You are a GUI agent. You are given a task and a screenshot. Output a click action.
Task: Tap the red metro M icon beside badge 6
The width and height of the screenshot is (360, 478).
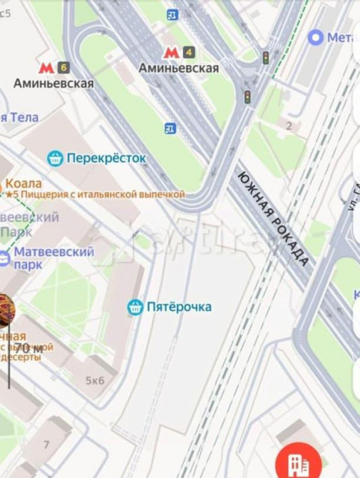(46, 68)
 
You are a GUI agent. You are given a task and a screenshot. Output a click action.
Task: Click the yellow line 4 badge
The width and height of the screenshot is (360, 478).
(188, 52)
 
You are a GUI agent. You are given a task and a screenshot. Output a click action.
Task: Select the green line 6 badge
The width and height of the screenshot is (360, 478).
(64, 68)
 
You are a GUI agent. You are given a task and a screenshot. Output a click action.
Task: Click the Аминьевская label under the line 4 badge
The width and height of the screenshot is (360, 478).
(178, 68)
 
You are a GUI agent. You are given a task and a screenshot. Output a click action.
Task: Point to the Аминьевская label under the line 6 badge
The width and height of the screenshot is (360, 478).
(53, 83)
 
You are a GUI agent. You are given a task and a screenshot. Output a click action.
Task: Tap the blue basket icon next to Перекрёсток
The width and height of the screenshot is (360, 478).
(55, 158)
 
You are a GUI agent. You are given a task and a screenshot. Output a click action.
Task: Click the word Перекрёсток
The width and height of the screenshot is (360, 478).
(106, 158)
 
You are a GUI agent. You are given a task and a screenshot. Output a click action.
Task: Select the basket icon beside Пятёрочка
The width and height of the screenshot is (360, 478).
(135, 307)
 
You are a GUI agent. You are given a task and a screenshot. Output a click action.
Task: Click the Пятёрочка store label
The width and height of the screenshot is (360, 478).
(179, 307)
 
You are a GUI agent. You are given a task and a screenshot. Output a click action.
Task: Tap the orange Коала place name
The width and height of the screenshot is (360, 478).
(24, 183)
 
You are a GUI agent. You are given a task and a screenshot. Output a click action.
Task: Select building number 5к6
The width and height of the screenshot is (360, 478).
(95, 380)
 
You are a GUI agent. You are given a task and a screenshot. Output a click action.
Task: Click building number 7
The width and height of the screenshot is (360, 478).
(46, 444)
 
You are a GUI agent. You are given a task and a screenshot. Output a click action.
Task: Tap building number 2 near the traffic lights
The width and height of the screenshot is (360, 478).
(289, 126)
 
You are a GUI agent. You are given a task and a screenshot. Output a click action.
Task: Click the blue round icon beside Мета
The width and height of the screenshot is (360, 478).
(315, 37)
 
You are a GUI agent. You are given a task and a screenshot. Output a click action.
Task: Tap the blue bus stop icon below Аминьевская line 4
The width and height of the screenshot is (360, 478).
(170, 128)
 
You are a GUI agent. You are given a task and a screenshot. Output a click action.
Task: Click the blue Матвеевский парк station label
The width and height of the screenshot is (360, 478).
(54, 258)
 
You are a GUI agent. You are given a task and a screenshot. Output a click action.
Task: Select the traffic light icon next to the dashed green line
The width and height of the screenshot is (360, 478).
(265, 58)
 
